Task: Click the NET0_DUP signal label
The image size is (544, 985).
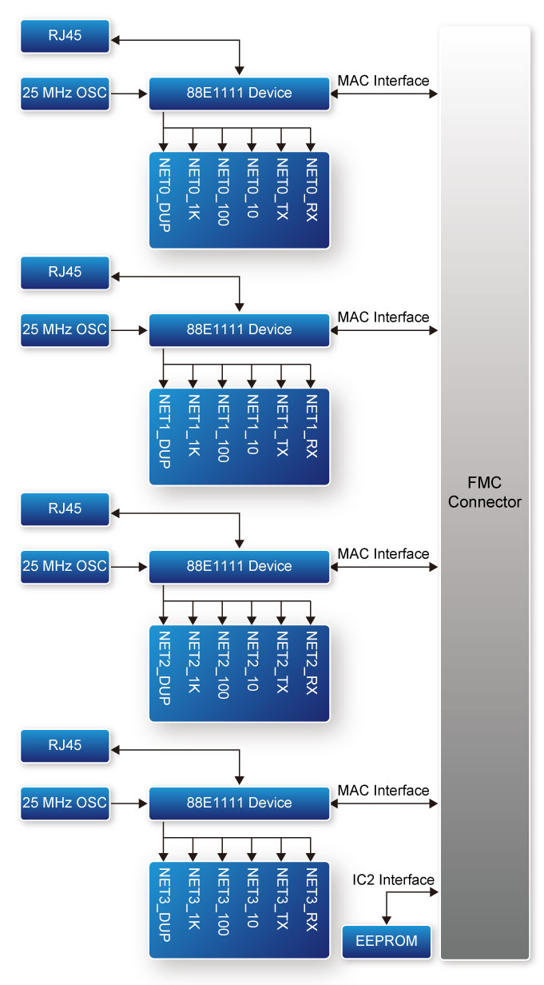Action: [x=165, y=195]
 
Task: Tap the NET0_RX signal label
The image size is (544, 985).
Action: [x=312, y=189]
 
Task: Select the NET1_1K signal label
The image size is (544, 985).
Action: [x=194, y=425]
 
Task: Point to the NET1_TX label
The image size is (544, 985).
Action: [x=282, y=425]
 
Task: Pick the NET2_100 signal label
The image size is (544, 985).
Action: [x=223, y=665]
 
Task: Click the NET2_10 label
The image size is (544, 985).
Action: [x=252, y=661]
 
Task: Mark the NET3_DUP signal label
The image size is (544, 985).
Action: [x=165, y=904]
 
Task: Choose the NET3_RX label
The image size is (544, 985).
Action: [x=312, y=899]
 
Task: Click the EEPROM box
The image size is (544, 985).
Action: [x=387, y=942]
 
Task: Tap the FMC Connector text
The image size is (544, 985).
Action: [x=485, y=492]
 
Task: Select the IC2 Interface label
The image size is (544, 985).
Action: [x=393, y=879]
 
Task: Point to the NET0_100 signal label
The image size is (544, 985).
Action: [x=223, y=192]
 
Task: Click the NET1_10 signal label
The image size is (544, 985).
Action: [x=252, y=425]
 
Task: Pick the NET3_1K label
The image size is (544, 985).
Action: [x=194, y=899]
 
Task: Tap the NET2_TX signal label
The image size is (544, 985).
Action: [x=282, y=662]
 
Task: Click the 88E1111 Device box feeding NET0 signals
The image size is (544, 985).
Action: [x=240, y=94]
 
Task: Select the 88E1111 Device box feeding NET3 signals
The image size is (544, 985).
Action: [x=240, y=803]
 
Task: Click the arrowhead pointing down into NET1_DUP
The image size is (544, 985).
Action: [x=164, y=384]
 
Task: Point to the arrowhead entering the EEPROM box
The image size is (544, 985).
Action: [x=387, y=919]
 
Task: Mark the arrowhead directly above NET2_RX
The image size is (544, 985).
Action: [x=311, y=620]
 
